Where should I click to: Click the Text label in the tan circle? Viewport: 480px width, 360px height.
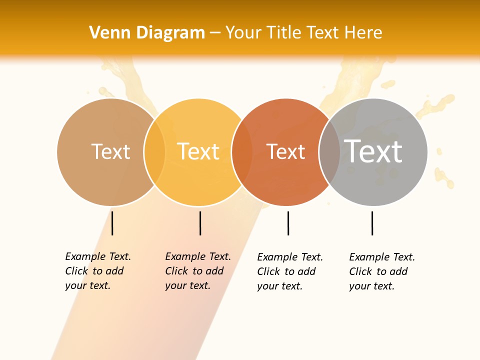point(110,151)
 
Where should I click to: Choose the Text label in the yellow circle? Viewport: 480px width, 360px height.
point(198,151)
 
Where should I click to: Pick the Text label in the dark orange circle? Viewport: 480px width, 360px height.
point(285,151)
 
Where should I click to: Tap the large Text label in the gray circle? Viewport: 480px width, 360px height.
point(373,151)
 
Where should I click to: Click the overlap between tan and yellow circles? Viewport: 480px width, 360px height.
point(154,152)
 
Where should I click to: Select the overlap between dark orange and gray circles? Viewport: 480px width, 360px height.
point(329,152)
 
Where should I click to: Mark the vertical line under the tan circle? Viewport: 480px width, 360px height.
point(112,223)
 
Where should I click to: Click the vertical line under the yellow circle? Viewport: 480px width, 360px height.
point(200,223)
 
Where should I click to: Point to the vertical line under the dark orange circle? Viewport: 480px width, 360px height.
point(288,223)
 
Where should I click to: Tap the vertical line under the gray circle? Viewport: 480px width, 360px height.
point(372,223)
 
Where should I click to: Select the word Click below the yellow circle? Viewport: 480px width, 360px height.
point(176,271)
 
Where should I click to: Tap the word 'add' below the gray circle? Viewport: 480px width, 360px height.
point(398,271)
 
